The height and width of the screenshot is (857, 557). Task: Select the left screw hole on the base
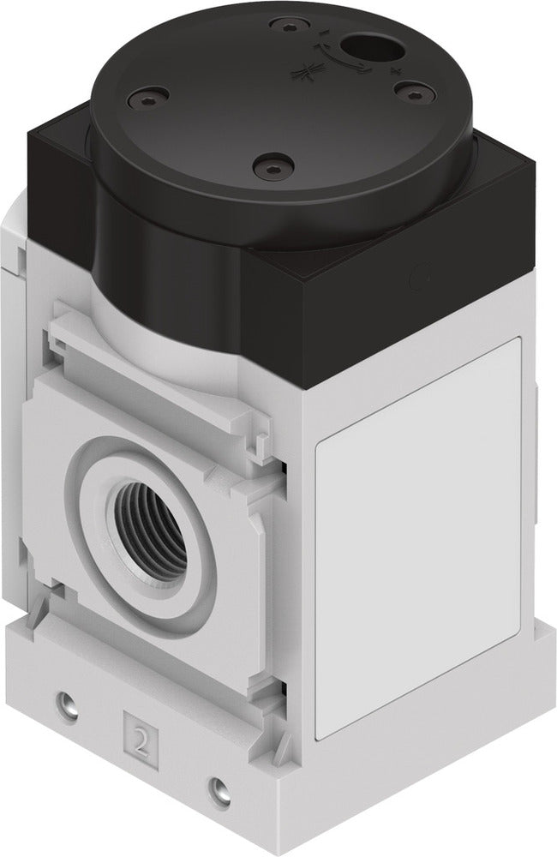(63, 704)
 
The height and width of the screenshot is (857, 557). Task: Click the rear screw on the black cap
(280, 25)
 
